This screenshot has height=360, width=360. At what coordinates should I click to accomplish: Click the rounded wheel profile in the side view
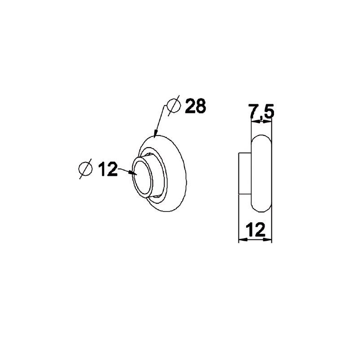tap(262, 173)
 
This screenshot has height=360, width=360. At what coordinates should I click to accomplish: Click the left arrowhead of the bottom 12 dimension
tap(241, 240)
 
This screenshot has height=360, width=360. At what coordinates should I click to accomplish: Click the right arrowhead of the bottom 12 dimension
tap(269, 240)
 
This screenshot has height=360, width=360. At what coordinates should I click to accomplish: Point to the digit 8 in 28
tap(200, 106)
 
